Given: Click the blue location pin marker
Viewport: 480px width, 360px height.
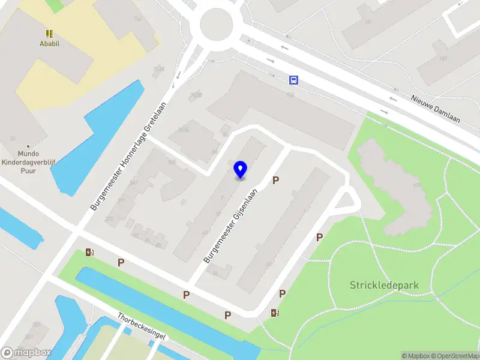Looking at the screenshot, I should pos(240,169).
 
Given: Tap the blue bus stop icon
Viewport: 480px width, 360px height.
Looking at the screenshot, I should pos(294,80).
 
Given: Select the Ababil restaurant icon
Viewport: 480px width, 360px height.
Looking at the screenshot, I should pos(49,34).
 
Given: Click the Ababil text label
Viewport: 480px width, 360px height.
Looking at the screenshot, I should pos(49,44).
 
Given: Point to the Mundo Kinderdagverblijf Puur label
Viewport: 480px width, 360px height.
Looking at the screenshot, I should pos(28,161).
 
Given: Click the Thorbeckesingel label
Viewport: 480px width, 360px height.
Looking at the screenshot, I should pos(141,326).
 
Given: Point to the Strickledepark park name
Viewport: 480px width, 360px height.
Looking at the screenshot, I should pos(384,285).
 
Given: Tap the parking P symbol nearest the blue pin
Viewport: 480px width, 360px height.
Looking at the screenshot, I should pos(276,180).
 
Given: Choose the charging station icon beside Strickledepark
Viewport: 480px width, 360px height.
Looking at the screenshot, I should pos(275,313).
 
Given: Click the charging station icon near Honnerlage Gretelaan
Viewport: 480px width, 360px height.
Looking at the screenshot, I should pos(90,253).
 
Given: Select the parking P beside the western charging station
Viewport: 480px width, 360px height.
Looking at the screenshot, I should pos(121,262).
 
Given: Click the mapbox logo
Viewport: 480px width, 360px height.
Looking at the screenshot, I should pos(26,353).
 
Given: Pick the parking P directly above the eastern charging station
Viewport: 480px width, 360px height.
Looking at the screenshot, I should pos(282,293).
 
